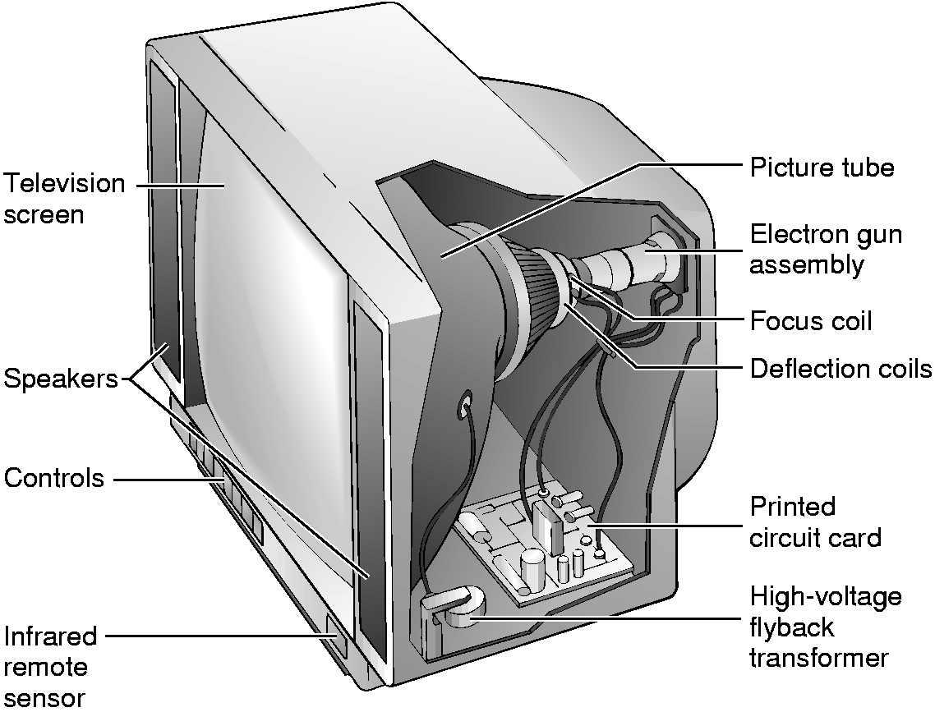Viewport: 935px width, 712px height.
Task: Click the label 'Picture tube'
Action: [821, 168]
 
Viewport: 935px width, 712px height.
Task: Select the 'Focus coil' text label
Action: [811, 320]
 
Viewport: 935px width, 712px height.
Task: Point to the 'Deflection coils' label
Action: [841, 368]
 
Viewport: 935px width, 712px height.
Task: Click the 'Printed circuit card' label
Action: [815, 521]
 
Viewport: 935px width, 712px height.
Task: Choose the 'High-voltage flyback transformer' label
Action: [825, 627]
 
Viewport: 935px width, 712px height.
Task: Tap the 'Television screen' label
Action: [64, 199]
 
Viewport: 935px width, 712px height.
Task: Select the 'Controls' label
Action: [54, 478]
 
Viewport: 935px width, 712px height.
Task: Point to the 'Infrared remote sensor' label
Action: [50, 666]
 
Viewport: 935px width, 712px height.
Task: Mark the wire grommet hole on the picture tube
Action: [464, 402]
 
